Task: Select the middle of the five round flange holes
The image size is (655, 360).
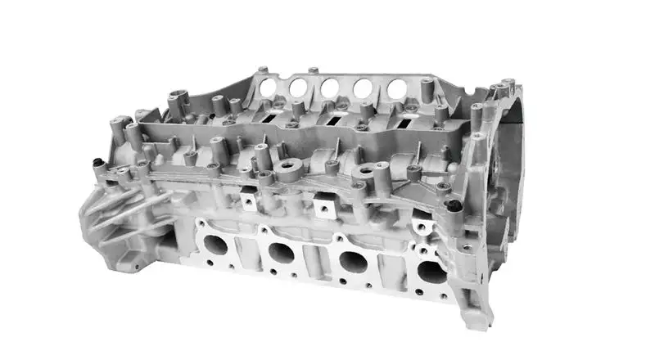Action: (x=330, y=88)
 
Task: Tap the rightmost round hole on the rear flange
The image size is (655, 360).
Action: (x=396, y=89)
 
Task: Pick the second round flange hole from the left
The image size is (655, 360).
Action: (x=297, y=86)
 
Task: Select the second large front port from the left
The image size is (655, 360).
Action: (x=281, y=253)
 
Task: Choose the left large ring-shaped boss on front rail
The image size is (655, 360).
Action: (x=289, y=169)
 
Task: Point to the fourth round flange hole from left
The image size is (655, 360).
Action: (x=364, y=88)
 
